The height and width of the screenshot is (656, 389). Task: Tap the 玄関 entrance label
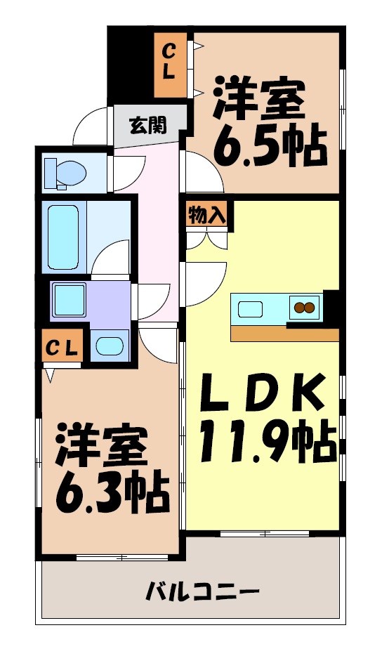[147, 126]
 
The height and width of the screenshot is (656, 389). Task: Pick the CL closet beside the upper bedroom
[171, 65]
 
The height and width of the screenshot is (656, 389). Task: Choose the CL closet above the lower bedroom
[63, 347]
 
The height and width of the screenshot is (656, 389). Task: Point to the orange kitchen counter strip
[284, 334]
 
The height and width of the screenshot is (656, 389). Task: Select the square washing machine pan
[69, 300]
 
